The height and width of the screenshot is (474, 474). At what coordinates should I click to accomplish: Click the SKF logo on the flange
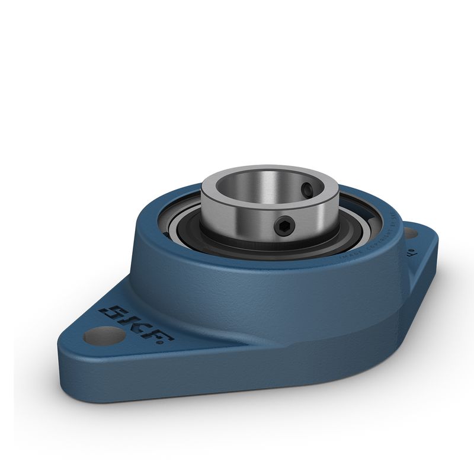(x=136, y=324)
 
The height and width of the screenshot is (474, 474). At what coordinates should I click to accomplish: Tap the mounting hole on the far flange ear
(x=410, y=233)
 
